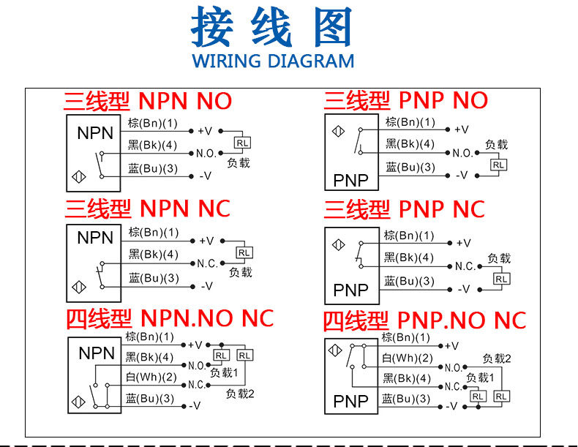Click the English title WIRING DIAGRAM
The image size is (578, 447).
click(x=272, y=60)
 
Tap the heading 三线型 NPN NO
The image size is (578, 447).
click(x=148, y=100)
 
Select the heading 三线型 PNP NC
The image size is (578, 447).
click(x=405, y=209)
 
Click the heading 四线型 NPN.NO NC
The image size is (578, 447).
click(x=170, y=318)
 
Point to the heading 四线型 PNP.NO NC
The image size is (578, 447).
click(x=425, y=320)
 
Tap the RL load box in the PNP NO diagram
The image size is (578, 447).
click(x=498, y=165)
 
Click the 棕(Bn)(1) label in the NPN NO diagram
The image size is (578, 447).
click(x=153, y=122)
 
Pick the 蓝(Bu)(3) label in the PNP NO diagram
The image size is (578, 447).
click(x=410, y=168)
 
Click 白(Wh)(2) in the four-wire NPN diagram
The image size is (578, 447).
click(x=151, y=377)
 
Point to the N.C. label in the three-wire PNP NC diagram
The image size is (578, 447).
click(x=465, y=266)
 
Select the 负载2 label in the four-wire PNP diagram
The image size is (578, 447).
click(x=497, y=358)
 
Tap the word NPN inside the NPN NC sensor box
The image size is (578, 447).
click(x=96, y=238)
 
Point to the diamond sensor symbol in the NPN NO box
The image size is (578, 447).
click(x=79, y=176)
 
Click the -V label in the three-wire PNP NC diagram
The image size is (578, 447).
click(x=462, y=289)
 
